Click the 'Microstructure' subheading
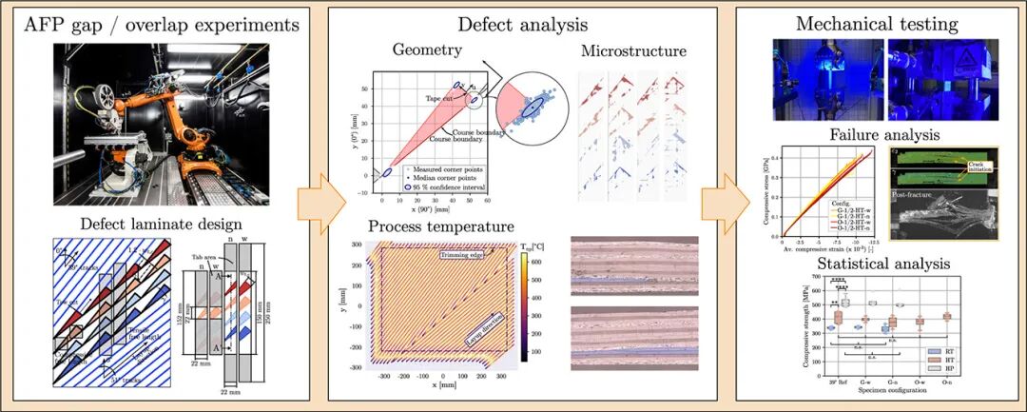coord(632,50)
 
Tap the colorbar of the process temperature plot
coord(526,304)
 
